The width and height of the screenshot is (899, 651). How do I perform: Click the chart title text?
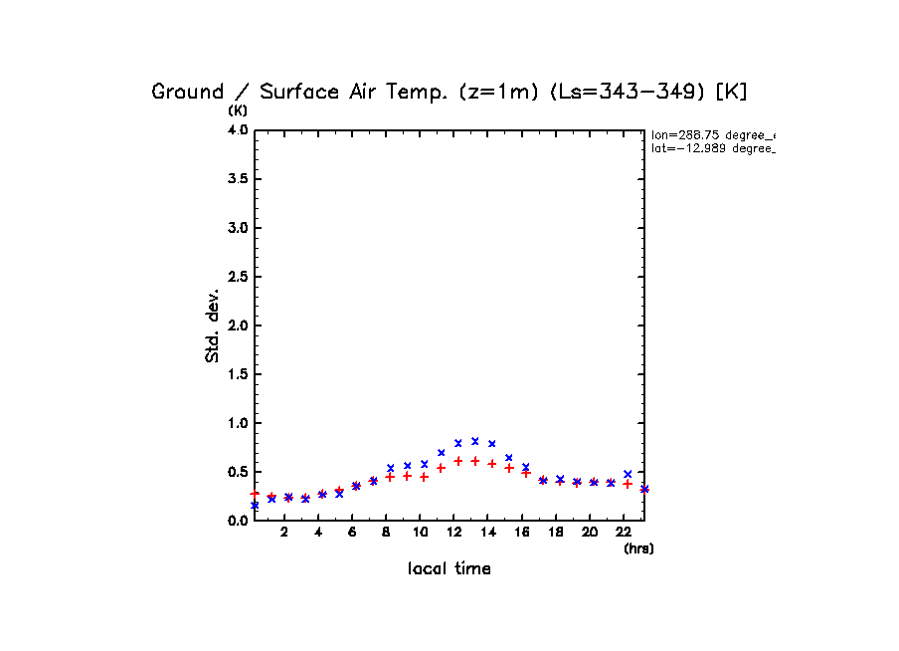pyautogui.click(x=449, y=92)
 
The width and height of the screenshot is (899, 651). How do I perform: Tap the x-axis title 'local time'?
pyautogui.click(x=449, y=569)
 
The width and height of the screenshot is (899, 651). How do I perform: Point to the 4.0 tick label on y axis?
pyautogui.click(x=238, y=130)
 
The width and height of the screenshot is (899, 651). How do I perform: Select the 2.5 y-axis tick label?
pyautogui.click(x=238, y=277)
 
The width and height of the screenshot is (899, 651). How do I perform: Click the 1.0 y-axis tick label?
pyautogui.click(x=238, y=423)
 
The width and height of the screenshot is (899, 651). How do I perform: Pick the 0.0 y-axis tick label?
pyautogui.click(x=238, y=521)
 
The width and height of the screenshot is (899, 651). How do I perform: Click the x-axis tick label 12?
pyautogui.click(x=454, y=533)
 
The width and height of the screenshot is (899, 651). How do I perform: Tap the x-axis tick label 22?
pyautogui.click(x=624, y=533)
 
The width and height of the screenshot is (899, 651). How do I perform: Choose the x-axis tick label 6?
pyautogui.click(x=352, y=533)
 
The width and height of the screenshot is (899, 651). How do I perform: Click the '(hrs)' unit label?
pyautogui.click(x=638, y=548)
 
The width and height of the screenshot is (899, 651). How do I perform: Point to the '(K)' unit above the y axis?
pyautogui.click(x=238, y=110)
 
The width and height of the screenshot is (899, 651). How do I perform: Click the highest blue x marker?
pyautogui.click(x=475, y=441)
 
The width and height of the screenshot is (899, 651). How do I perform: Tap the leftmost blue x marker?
pyautogui.click(x=255, y=506)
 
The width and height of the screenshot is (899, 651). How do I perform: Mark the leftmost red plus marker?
pyautogui.click(x=255, y=494)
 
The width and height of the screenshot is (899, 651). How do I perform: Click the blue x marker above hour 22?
pyautogui.click(x=628, y=474)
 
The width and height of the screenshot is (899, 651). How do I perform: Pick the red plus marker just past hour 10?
pyautogui.click(x=424, y=477)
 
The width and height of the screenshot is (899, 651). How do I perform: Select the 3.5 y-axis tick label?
pyautogui.click(x=238, y=179)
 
